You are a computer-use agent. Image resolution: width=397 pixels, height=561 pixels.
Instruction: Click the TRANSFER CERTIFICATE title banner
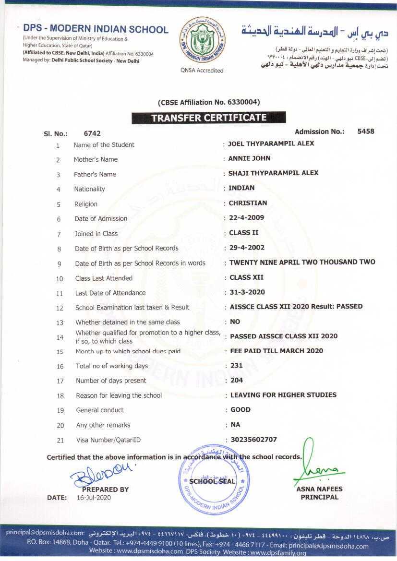[x=209, y=118]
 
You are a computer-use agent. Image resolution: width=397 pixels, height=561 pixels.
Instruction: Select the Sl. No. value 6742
[x=92, y=134]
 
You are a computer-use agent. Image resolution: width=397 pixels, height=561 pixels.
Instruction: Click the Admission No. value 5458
[x=366, y=131]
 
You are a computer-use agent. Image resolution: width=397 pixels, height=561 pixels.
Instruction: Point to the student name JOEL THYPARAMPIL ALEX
[x=271, y=143]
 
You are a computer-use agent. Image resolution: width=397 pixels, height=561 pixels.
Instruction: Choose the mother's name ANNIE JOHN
[x=249, y=158]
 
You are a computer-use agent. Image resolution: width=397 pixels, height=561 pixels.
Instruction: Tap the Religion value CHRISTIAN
[x=248, y=203]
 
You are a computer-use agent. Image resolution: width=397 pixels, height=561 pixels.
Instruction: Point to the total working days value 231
[x=237, y=366]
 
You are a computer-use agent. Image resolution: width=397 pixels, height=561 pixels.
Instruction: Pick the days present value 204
[x=237, y=380]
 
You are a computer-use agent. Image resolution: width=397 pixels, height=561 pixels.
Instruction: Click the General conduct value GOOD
[x=241, y=410]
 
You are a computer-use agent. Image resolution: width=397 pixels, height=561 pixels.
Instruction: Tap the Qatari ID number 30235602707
[x=253, y=440]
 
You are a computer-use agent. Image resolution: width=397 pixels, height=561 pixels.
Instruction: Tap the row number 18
[x=60, y=396]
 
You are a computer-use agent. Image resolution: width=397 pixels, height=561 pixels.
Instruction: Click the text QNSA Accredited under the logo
[x=202, y=71]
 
